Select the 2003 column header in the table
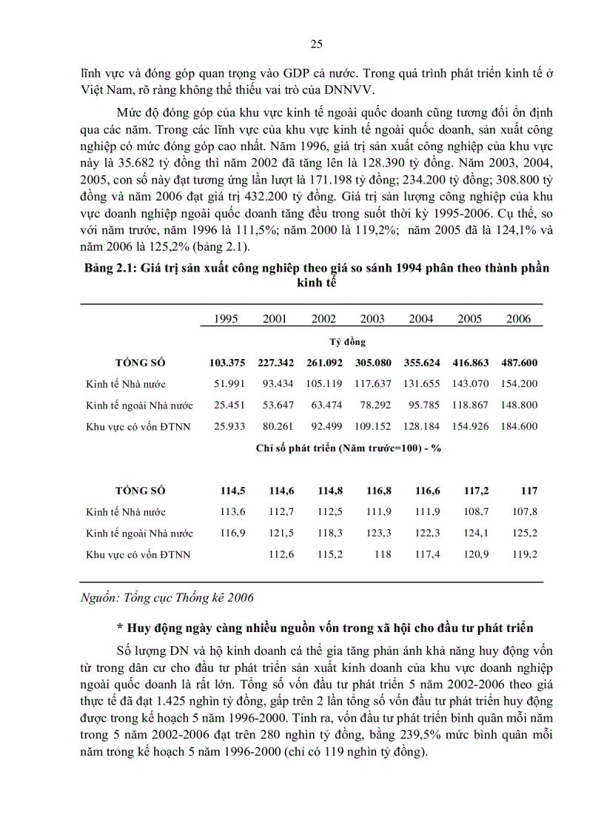pos(372,318)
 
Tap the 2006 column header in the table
pos(518,318)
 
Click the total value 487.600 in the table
pos(518,363)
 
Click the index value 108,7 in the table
pos(470,511)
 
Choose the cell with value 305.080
pos(372,363)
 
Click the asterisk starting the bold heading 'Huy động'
pos(120,628)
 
